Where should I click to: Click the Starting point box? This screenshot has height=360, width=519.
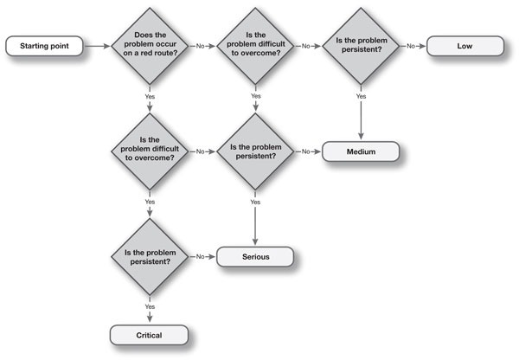(x=44, y=46)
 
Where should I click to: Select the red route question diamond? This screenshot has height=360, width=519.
(x=150, y=46)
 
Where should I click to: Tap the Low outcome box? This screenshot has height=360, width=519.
(x=465, y=46)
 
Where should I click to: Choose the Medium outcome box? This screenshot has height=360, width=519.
(x=361, y=151)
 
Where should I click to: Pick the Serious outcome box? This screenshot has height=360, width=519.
(x=255, y=257)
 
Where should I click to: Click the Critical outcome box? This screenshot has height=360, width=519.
(x=150, y=335)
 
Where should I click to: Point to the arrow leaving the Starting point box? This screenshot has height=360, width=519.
(x=97, y=46)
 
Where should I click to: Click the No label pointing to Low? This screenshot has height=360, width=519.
(x=411, y=46)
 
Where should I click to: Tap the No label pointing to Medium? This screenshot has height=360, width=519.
(x=306, y=151)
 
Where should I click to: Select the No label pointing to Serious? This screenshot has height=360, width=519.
(x=201, y=257)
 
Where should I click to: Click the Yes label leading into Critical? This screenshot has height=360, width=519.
(x=150, y=306)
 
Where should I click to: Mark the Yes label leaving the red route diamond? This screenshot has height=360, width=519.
(x=150, y=97)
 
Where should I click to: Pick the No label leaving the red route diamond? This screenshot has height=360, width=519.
(x=201, y=46)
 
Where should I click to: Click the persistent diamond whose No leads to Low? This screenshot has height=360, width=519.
(x=361, y=46)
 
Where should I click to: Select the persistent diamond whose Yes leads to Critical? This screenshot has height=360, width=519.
(x=150, y=257)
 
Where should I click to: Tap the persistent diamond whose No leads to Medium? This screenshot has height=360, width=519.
(x=255, y=151)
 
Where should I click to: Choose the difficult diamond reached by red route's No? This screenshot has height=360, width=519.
(x=255, y=46)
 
